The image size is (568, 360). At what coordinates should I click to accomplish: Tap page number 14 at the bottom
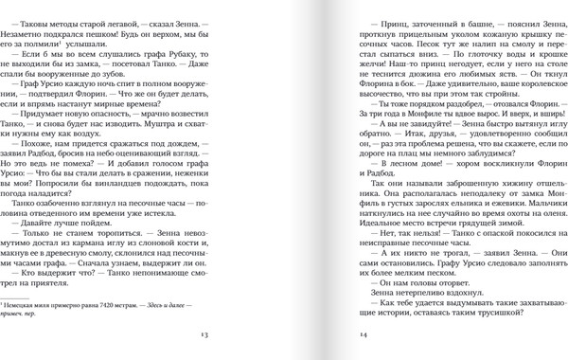coord(363,335)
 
